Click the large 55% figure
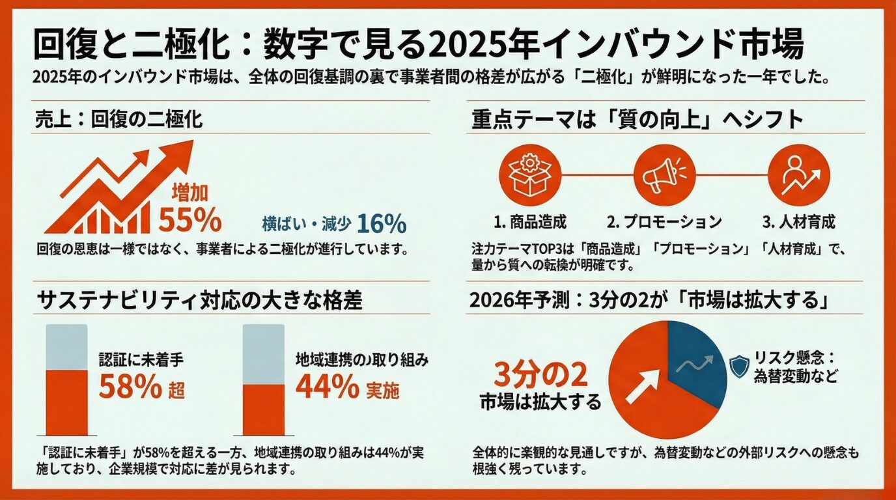click(x=190, y=221)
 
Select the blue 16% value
click(x=382, y=223)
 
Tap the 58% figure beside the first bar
click(x=130, y=388)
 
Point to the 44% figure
click(x=327, y=388)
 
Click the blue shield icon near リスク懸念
click(x=739, y=367)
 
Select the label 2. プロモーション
click(x=664, y=222)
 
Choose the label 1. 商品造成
click(x=529, y=222)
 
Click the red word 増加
click(x=189, y=193)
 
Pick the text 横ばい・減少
click(x=307, y=223)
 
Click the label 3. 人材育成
click(x=799, y=222)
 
